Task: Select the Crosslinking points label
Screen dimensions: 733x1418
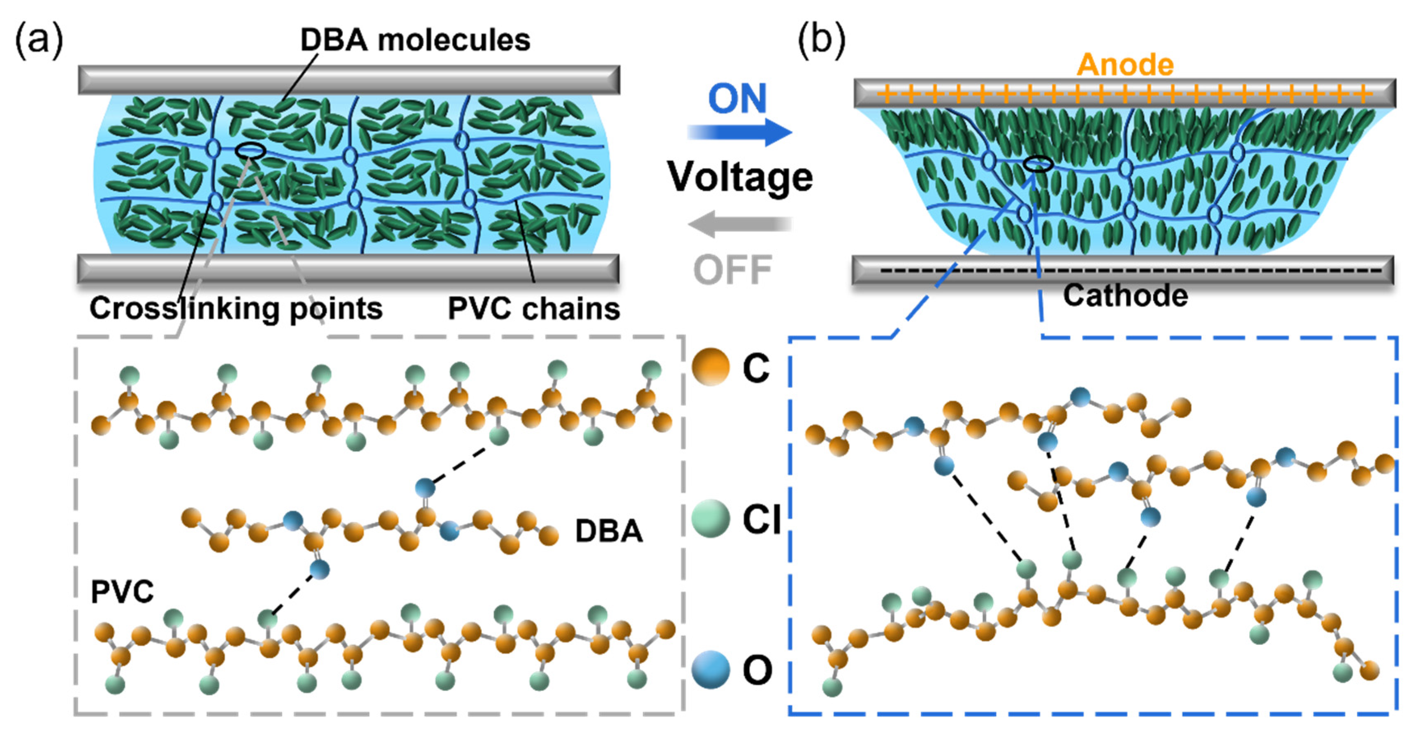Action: [x=236, y=308]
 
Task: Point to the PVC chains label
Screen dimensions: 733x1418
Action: [x=533, y=308]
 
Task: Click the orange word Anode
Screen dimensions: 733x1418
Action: [x=1125, y=65]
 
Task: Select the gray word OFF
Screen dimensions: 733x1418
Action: [x=732, y=270]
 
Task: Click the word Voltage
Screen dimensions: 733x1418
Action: [x=739, y=177]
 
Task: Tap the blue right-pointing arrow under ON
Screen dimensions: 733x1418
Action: [x=740, y=132]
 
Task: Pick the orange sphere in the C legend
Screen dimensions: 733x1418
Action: [x=710, y=367]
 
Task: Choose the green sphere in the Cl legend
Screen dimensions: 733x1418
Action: [x=710, y=518]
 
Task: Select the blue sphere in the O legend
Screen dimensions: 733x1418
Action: [x=710, y=669]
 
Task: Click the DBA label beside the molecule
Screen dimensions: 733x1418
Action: [x=608, y=531]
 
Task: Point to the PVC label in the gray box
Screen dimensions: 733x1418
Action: [x=122, y=592]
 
